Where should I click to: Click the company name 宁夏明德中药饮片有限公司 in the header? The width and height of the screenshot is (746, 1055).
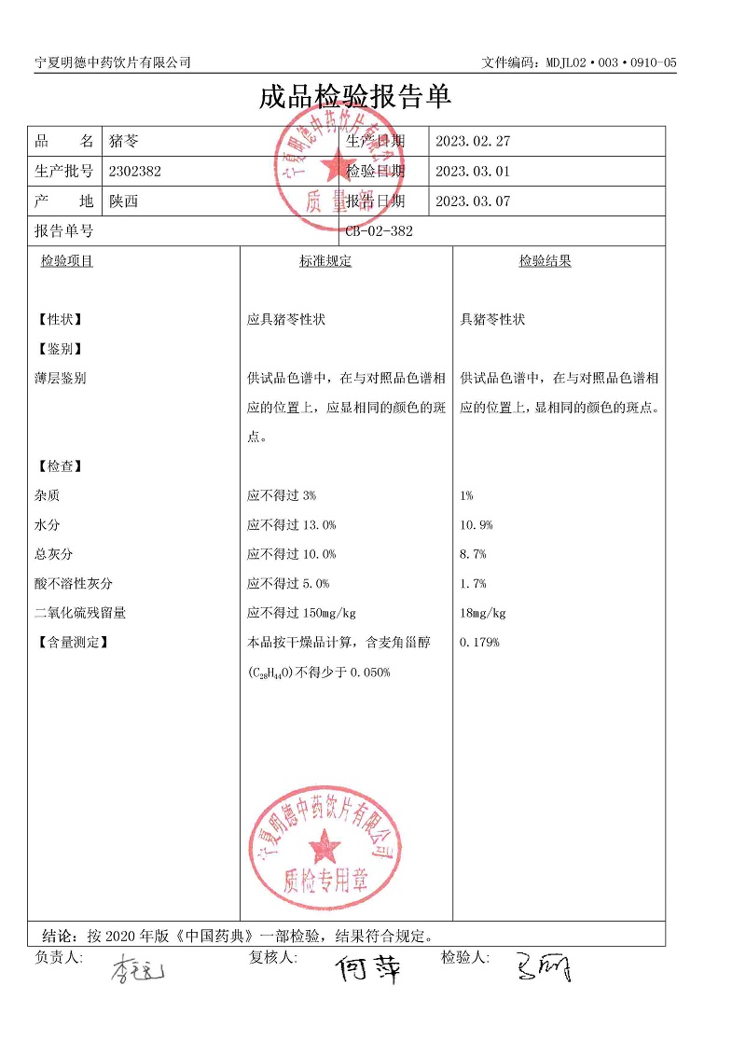[113, 62]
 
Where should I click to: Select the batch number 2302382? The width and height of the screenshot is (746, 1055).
[135, 171]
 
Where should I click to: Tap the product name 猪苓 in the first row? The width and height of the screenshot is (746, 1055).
[123, 142]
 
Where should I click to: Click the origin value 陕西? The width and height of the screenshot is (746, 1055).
[123, 201]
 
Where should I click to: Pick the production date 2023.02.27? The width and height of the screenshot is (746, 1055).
[473, 142]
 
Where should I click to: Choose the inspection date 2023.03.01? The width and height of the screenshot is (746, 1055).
[473, 171]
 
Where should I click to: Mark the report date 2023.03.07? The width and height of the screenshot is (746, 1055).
[473, 201]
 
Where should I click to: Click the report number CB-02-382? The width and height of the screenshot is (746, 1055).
[379, 231]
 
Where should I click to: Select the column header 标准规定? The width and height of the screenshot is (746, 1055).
[325, 261]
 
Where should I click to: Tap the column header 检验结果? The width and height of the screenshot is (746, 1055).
[546, 261]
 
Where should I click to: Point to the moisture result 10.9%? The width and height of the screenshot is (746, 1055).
[477, 525]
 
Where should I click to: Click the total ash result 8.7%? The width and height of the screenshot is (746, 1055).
[473, 554]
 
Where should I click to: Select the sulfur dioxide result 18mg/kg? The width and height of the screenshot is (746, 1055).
[483, 613]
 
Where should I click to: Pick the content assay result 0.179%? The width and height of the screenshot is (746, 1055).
[480, 642]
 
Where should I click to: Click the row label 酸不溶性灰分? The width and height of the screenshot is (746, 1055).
[73, 584]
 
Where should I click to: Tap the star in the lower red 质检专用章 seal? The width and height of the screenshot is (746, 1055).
[325, 847]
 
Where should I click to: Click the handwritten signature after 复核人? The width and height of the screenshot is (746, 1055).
[368, 969]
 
